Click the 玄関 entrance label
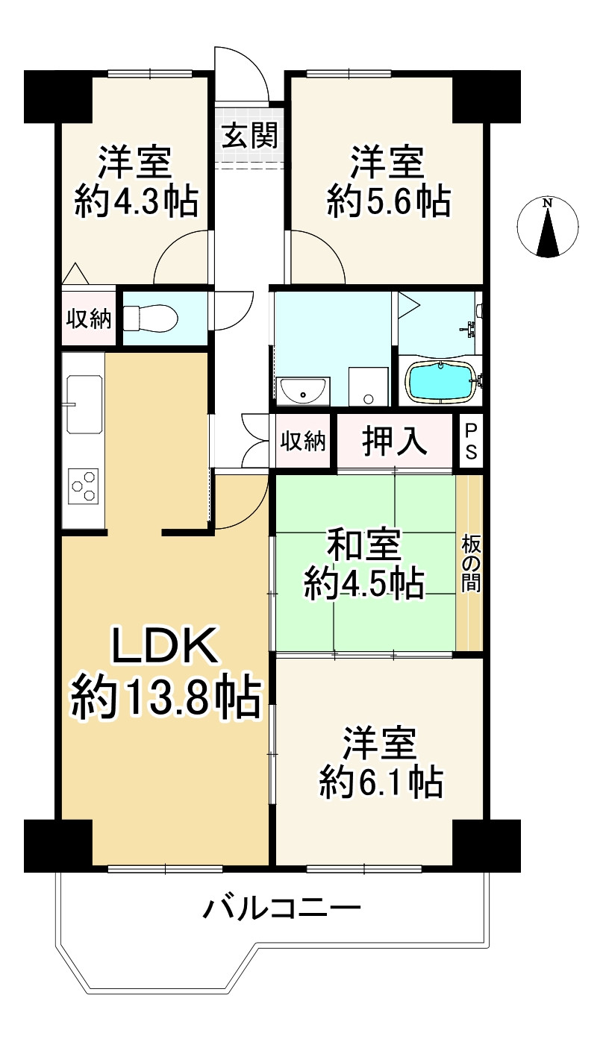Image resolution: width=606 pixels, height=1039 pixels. (x=249, y=136)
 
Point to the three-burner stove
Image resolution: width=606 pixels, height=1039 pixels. (x=84, y=486)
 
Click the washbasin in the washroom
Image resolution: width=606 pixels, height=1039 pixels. (x=302, y=389)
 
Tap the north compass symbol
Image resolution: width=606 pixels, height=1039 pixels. (x=548, y=227)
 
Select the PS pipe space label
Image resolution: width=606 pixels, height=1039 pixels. (x=472, y=442)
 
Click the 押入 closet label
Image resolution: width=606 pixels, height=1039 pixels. (x=395, y=442)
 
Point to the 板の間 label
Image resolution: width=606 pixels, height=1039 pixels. (x=470, y=564)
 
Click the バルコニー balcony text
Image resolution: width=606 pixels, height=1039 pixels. (x=283, y=908)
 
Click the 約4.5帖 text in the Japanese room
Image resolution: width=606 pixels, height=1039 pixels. (x=364, y=583)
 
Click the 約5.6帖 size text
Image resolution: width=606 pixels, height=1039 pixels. (x=388, y=201)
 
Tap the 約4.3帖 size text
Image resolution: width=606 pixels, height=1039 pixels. (x=136, y=201)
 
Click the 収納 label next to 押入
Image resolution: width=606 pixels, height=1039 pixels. (x=303, y=442)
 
